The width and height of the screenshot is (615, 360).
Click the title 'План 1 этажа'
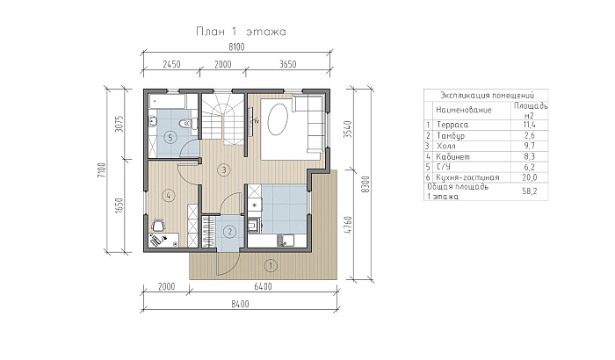241,32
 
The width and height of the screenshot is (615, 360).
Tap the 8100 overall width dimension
236,47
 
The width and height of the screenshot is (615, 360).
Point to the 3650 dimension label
288,64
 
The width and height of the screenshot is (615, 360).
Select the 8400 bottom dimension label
240,304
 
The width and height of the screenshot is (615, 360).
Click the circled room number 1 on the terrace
271,265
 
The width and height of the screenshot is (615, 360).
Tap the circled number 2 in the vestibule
229,232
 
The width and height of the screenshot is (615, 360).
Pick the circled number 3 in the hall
224,170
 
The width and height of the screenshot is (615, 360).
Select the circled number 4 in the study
169,195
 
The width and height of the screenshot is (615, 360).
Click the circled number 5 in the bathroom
170,137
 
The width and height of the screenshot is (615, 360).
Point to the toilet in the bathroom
187,124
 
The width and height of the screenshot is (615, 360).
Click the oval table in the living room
278,119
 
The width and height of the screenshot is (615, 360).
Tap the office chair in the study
158,226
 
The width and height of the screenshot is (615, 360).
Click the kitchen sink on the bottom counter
286,240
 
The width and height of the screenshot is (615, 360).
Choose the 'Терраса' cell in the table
452,125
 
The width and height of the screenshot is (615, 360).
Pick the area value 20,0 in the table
529,177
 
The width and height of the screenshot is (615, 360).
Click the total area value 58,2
529,191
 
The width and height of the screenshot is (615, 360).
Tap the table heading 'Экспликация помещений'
487,96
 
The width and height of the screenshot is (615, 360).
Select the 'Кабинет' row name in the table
453,156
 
